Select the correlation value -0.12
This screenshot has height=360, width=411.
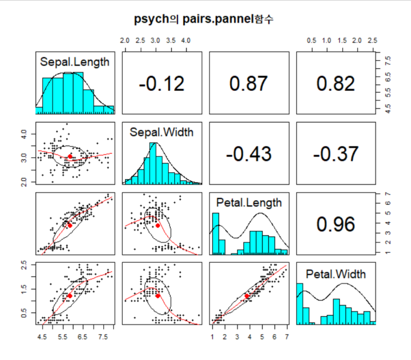pyautogui.click(x=161, y=83)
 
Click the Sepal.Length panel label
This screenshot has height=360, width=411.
pyautogui.click(x=74, y=62)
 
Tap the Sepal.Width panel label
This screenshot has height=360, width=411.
pyautogui.click(x=161, y=133)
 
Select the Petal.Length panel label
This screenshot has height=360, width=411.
pyautogui.click(x=249, y=203)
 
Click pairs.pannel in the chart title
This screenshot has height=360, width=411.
pyautogui.click(x=216, y=20)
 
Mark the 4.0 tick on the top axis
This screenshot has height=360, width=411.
pyautogui.click(x=186, y=40)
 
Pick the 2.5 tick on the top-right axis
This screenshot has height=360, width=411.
pyautogui.click(x=372, y=40)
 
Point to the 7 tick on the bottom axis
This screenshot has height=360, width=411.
pyautogui.click(x=286, y=337)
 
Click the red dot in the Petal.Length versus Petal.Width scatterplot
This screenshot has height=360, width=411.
pyautogui.click(x=247, y=296)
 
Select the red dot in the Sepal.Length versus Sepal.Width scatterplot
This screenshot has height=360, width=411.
pyautogui.click(x=70, y=156)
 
